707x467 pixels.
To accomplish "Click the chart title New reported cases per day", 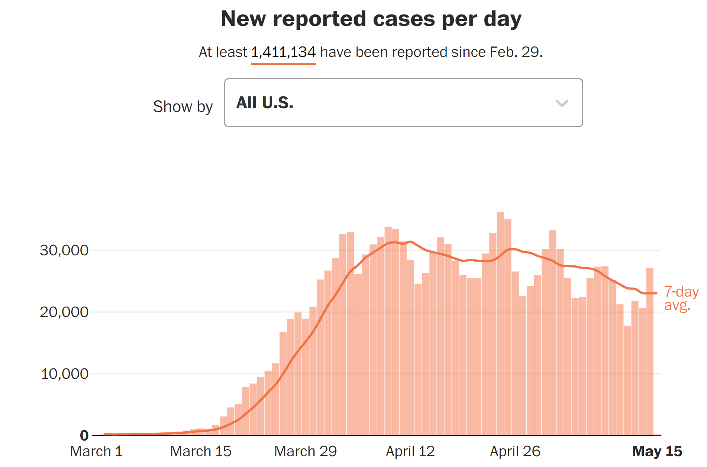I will (371, 19).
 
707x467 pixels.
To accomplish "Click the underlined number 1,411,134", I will (283, 52).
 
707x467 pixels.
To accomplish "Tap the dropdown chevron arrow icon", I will (562, 103).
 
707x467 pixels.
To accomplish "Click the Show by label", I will (183, 107).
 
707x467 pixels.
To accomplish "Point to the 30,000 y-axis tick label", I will (64, 250).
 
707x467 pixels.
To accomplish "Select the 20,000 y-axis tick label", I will (64, 312).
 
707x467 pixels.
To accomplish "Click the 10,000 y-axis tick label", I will (64, 374).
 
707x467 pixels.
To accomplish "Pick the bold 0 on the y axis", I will (84, 435).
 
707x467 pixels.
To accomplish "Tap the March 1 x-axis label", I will (96, 451).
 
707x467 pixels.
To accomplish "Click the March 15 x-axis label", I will (201, 451).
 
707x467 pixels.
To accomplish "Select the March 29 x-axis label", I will (305, 451).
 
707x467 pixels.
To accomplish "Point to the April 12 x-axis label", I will (410, 451).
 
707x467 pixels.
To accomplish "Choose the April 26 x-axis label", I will (515, 451).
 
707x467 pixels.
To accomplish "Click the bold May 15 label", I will (657, 451).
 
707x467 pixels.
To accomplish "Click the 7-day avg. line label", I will (681, 298).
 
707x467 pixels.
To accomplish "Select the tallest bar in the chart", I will (500, 324).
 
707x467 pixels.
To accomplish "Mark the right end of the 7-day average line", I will (656, 293).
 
